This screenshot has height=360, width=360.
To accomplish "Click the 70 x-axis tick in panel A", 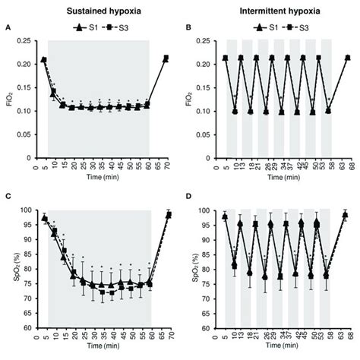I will pos(166,166).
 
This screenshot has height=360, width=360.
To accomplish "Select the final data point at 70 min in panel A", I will pos(166,57).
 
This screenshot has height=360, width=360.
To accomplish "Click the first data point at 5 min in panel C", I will pos(44,219).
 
